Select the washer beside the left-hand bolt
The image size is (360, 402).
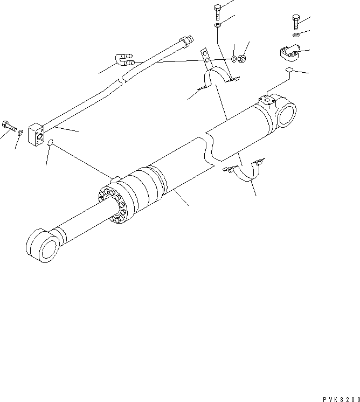pos(20,133)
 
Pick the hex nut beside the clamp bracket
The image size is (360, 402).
pos(243,58)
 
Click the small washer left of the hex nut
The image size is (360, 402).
pos(233,59)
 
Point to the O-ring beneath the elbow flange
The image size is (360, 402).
pos(289,71)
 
